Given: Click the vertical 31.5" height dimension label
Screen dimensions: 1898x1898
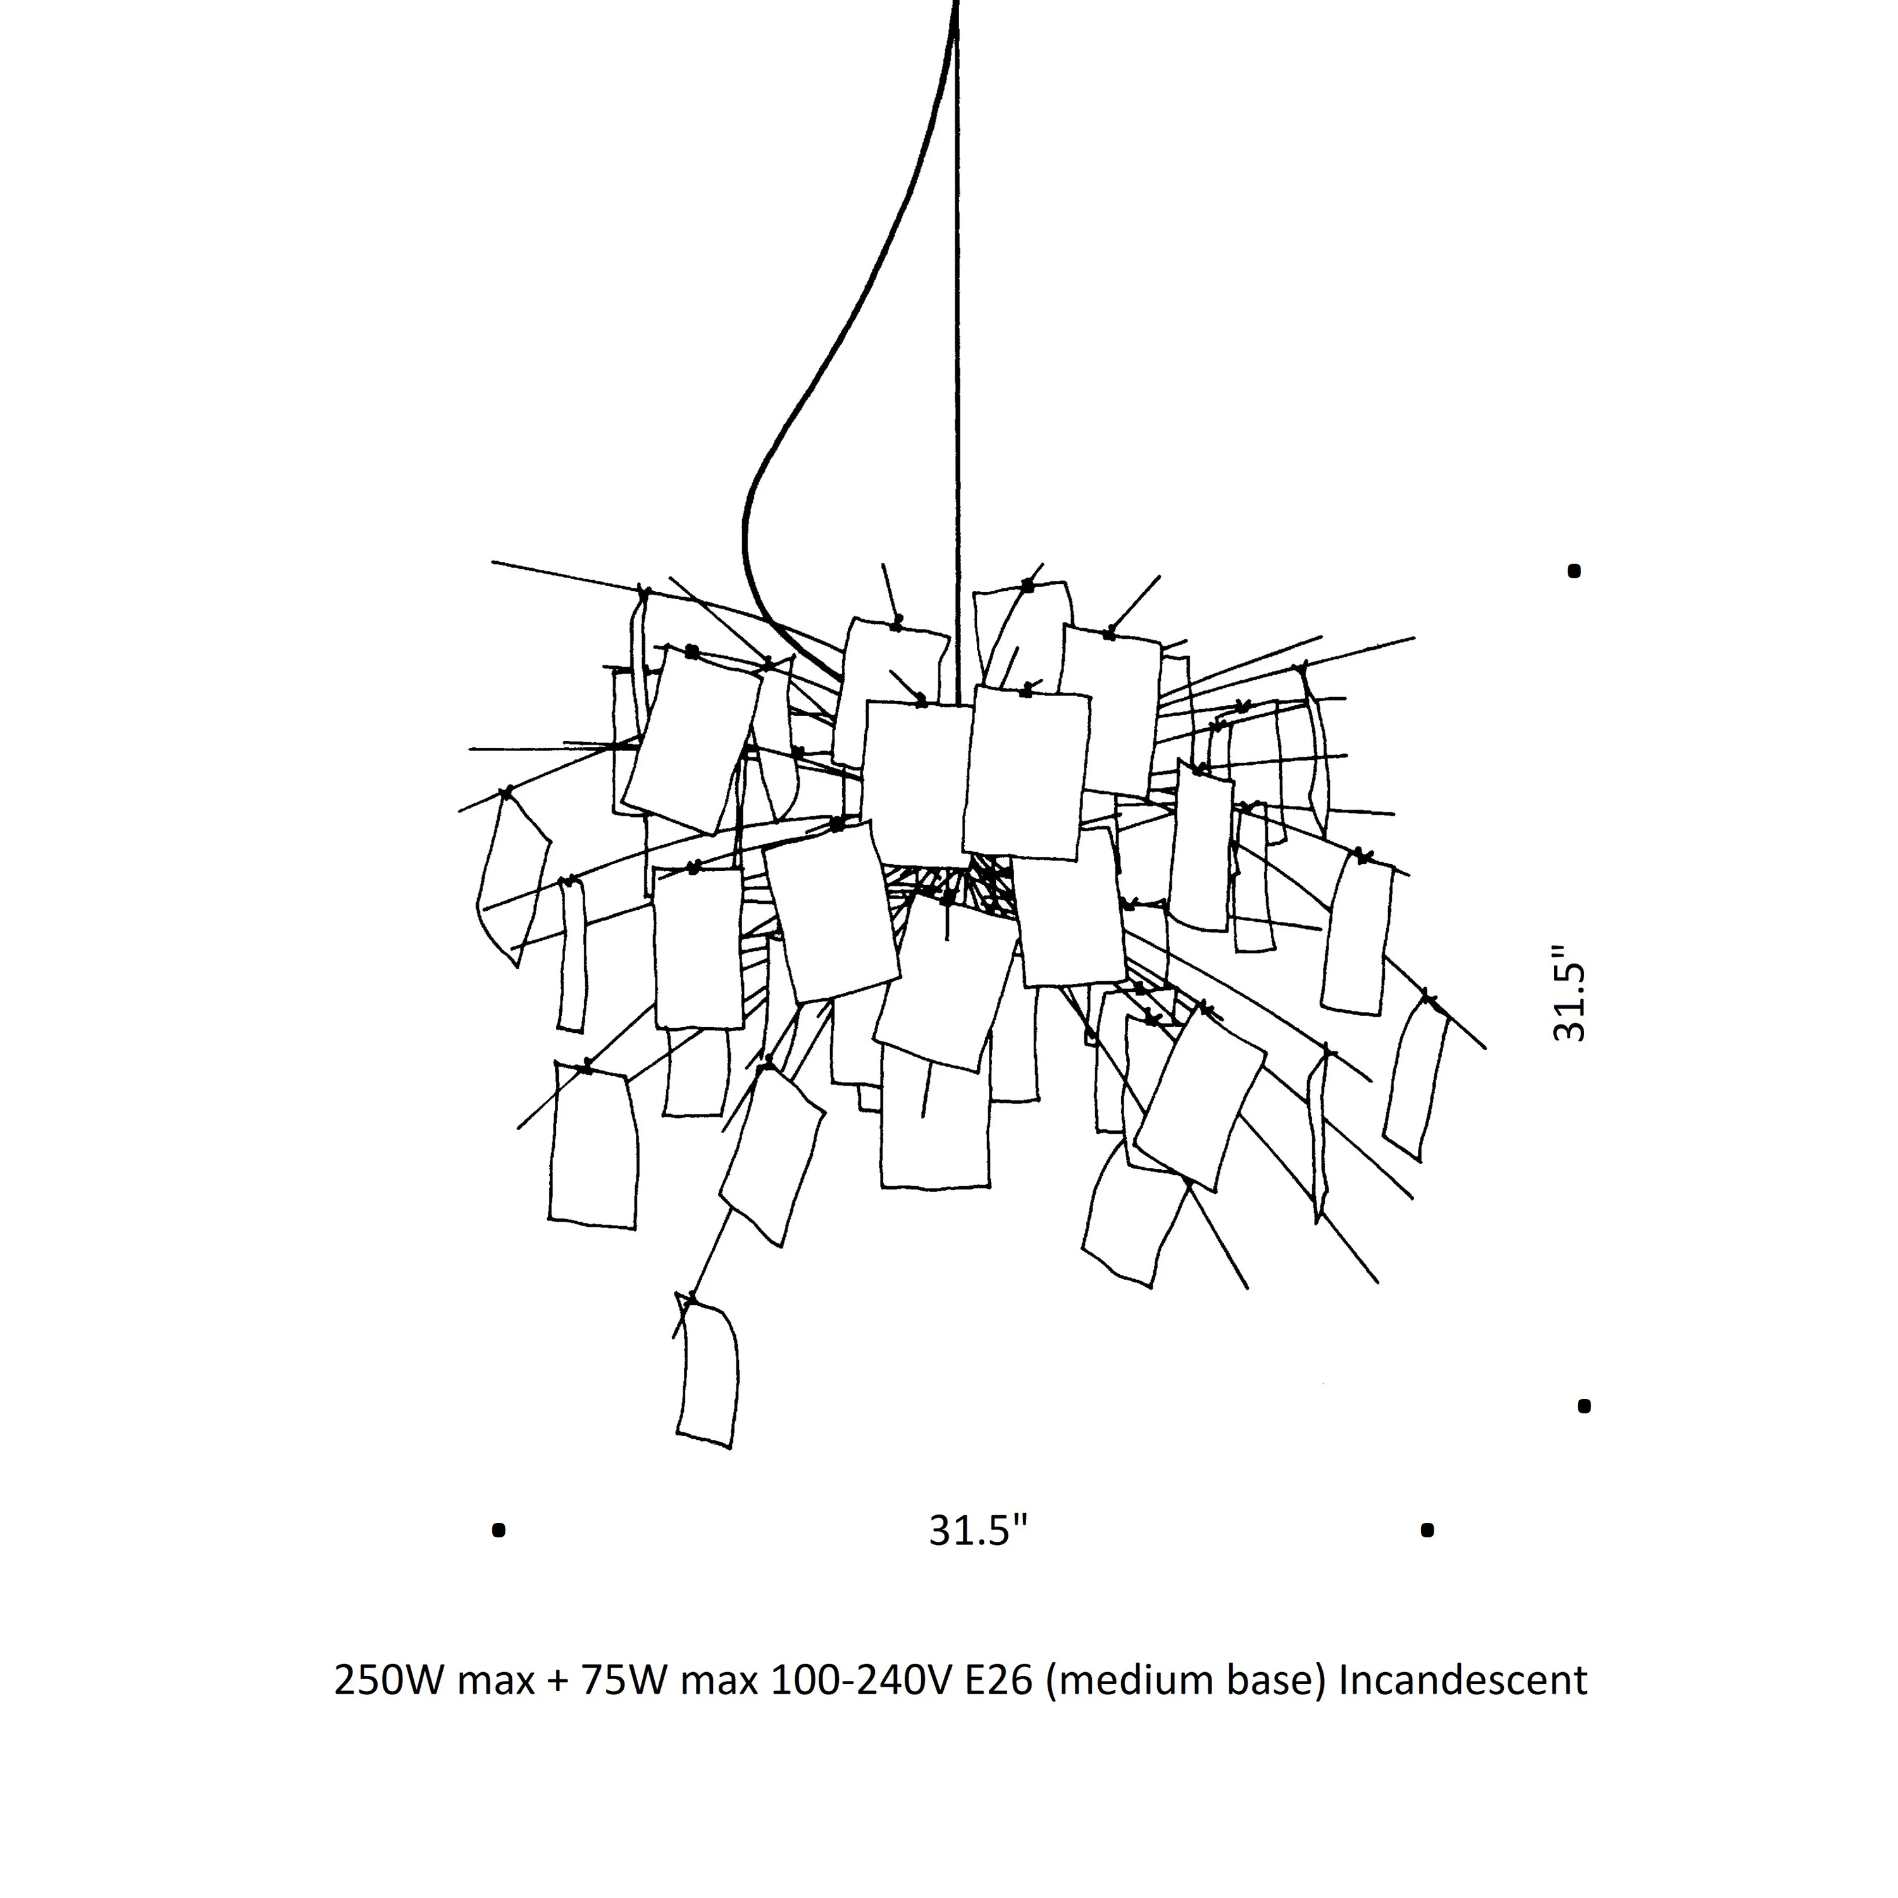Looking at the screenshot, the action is click(x=1570, y=994).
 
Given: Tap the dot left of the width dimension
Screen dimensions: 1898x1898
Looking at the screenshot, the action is click(x=499, y=1530).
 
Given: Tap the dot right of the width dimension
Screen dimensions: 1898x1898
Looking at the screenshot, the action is click(x=1427, y=1530).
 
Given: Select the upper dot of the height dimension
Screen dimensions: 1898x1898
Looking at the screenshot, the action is click(x=1574, y=571).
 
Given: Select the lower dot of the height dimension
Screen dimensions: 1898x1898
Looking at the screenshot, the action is click(x=1584, y=1406).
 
